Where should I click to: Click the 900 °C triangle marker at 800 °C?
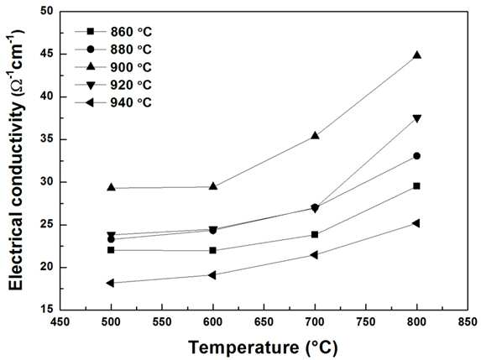coord(417,55)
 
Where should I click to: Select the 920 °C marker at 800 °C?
coord(417,118)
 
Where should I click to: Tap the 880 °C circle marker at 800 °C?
coord(416,156)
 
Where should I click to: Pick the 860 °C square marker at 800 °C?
coord(416,186)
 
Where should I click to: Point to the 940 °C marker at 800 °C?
coord(416,223)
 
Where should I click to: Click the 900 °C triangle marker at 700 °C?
coord(315,136)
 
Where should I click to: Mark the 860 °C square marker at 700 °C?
coord(315,235)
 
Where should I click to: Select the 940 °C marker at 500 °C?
coord(111,283)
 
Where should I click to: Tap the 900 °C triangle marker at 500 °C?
coord(112,187)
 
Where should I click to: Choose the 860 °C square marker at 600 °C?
coord(213,251)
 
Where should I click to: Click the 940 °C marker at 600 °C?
coord(212,274)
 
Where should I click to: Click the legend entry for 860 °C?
coord(113,32)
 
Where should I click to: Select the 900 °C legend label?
coord(131,67)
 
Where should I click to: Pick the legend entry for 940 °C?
coord(113,102)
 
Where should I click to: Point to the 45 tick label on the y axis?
coord(47,55)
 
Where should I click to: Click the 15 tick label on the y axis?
coord(47,310)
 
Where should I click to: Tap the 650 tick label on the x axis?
coord(264,322)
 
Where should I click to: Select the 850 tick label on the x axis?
coord(468,322)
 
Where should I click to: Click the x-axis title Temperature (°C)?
coord(264,347)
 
